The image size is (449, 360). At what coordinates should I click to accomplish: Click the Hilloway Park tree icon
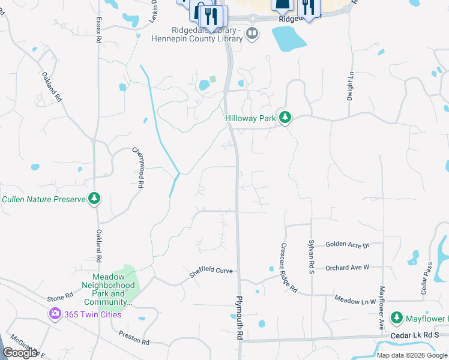[286, 118]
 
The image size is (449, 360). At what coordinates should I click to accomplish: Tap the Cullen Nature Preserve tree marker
[94, 199]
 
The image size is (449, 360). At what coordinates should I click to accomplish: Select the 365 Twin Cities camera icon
[55, 314]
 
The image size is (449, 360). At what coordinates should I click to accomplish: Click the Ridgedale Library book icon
[253, 34]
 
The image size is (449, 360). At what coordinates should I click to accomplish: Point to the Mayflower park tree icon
[396, 317]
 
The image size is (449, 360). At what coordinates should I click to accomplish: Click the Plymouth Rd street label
[239, 318]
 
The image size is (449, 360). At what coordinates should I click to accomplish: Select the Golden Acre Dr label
[347, 245]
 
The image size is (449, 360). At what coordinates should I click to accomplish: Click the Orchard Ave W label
[347, 267]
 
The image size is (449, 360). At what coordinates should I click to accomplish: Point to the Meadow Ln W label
[355, 300]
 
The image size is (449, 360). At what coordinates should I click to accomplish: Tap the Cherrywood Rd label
[139, 169]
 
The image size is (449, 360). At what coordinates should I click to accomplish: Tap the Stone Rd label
[60, 297]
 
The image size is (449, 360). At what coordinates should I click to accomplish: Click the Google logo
[20, 353]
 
